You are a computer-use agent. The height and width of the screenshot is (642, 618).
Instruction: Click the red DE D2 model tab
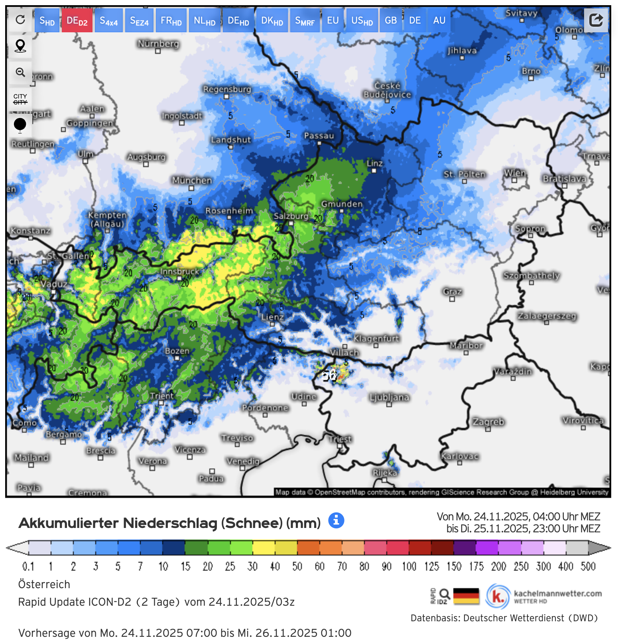pyautogui.click(x=77, y=21)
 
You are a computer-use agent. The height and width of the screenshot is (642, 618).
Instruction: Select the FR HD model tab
pyautogui.click(x=171, y=21)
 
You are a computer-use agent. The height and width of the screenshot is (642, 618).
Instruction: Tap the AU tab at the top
pyautogui.click(x=439, y=21)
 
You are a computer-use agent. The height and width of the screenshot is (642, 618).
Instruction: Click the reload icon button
pyautogui.click(x=20, y=20)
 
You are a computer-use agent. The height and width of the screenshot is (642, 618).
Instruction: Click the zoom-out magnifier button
pyautogui.click(x=20, y=73)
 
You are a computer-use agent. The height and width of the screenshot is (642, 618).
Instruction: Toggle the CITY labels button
pyautogui.click(x=20, y=99)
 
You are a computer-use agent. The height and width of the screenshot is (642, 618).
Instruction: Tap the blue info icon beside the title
pyautogui.click(x=336, y=520)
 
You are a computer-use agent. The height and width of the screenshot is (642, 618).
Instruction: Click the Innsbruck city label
pyautogui.click(x=179, y=272)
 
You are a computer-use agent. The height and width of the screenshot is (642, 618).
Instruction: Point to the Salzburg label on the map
pyautogui.click(x=291, y=216)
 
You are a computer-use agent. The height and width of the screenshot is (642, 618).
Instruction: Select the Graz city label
pyautogui.click(x=452, y=291)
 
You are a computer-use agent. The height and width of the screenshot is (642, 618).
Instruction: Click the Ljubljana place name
pyautogui.click(x=389, y=397)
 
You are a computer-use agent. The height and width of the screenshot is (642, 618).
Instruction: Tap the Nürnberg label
pyautogui.click(x=158, y=43)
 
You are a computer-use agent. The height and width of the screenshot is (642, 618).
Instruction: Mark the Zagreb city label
pyautogui.click(x=488, y=421)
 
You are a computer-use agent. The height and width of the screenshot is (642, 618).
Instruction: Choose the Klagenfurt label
pyautogui.click(x=376, y=339)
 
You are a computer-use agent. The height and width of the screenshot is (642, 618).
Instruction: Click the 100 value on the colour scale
pyautogui.click(x=409, y=566)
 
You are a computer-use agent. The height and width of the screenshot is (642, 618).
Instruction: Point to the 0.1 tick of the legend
pyautogui.click(x=28, y=566)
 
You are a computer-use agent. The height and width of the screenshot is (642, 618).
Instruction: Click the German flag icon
pyautogui.click(x=466, y=596)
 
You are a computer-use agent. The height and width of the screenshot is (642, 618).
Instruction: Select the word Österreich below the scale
pyautogui.click(x=44, y=584)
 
